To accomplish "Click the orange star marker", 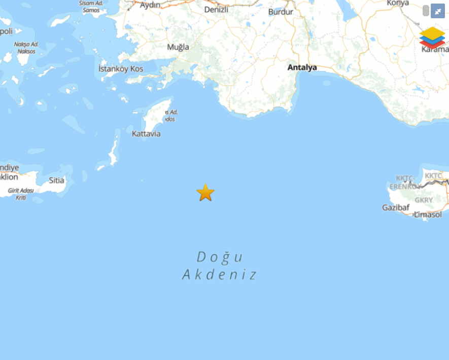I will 205,193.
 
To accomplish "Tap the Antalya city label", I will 302,67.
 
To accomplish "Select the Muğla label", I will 178,47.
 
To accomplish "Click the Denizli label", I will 216,9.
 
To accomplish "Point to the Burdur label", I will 281,11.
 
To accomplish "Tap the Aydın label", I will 150,5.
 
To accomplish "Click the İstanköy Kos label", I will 121,69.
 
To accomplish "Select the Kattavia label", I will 146,134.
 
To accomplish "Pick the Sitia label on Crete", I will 57,180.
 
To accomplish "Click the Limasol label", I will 428,214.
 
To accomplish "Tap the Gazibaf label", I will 395,207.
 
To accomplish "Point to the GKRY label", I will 424,200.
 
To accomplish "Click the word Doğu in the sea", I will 220,257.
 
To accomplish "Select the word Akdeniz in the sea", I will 220,275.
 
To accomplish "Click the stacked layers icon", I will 432,38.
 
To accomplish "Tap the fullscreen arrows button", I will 437,11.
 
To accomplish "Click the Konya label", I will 398,3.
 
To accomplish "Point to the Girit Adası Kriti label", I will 21,194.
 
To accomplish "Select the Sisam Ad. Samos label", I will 92,7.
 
